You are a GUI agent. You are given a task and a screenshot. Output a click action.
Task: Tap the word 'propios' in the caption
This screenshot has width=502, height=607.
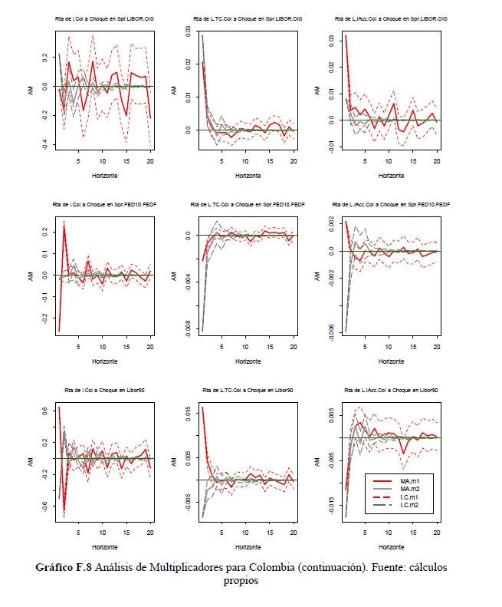click(x=241, y=581)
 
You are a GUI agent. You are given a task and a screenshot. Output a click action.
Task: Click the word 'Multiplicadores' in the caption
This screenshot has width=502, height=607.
click(x=210, y=568)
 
